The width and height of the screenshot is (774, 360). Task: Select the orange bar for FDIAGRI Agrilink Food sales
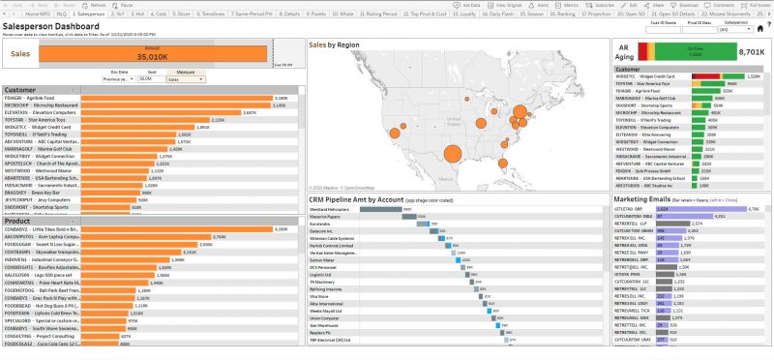point(174,98)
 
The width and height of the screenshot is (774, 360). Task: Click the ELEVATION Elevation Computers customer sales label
point(39,112)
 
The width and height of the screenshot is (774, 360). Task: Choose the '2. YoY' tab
point(115,15)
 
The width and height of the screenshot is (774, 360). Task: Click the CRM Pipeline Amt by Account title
point(355,198)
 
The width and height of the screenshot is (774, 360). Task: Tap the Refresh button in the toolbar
point(98,5)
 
